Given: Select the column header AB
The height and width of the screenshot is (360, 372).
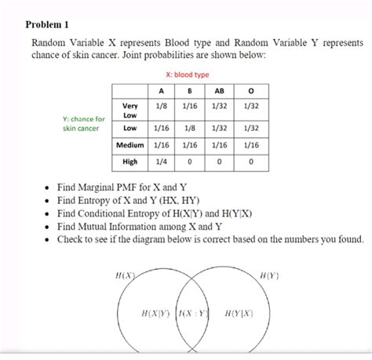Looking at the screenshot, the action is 219,89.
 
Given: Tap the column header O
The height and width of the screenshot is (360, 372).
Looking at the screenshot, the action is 250,89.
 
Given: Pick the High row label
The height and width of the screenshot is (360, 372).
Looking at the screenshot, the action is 129,162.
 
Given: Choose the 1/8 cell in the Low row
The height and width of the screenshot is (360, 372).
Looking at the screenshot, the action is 189,127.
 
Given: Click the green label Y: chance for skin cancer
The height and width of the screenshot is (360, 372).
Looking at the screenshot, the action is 83,123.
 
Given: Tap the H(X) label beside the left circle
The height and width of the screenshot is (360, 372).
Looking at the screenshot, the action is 125,276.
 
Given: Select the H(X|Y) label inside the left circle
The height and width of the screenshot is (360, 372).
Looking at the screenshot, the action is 156,313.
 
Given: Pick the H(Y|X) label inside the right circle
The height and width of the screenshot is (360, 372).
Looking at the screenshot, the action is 239,313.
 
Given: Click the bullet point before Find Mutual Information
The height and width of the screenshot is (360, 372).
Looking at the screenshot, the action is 49,226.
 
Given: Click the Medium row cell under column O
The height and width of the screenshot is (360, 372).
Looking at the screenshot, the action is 250,145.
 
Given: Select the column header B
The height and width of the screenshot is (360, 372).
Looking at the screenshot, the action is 189,89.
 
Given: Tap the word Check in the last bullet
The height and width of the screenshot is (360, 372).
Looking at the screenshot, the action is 71,238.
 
